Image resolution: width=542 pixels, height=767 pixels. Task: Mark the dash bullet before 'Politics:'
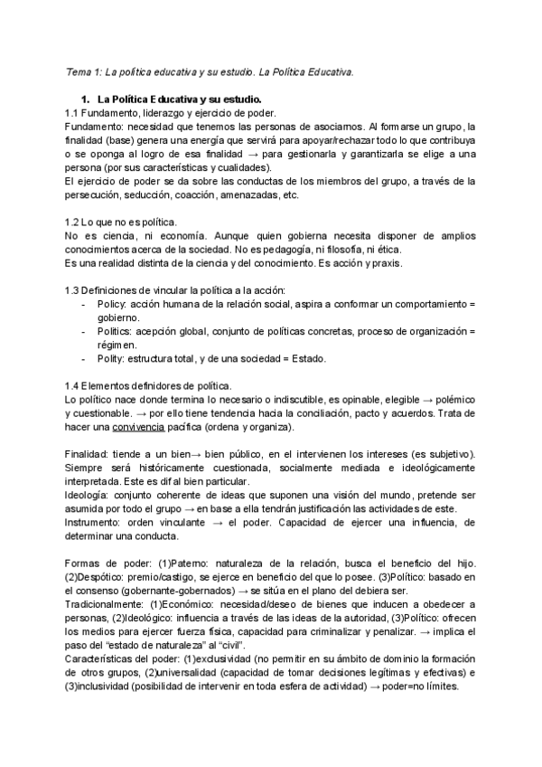point(85,332)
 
